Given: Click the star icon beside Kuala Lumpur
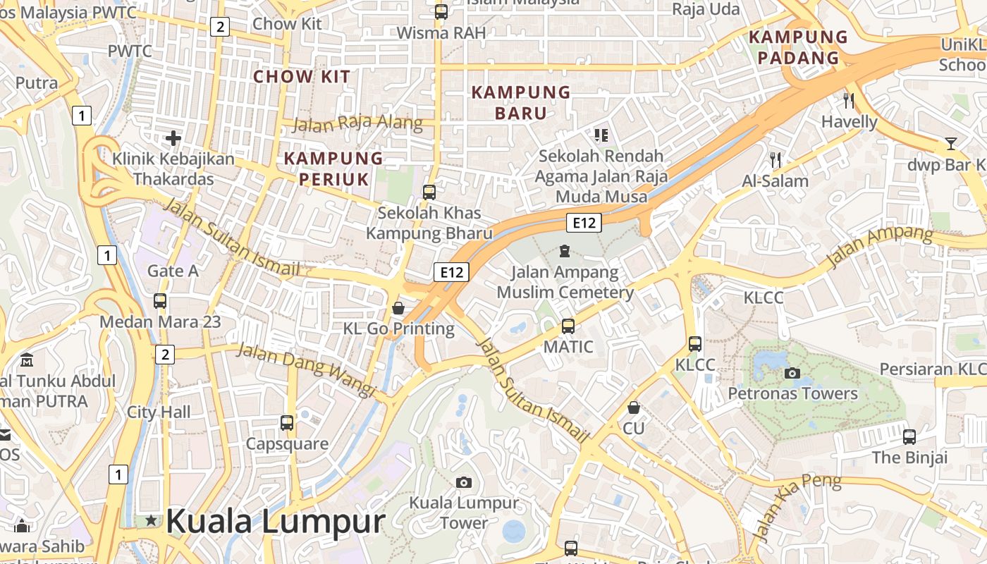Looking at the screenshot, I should coord(151,521).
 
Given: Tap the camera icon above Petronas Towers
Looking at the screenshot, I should coord(792,373).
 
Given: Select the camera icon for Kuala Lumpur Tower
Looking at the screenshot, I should coord(463,482).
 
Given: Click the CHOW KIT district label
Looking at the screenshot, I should coord(302,77).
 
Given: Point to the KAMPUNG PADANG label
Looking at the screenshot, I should coord(798,47).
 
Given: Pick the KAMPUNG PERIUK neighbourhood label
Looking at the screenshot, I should coord(333,168).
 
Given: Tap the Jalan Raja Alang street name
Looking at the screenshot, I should coord(357,125).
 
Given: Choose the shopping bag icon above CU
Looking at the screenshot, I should coord(634,407).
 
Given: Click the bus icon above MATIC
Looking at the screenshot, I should coord(568,326).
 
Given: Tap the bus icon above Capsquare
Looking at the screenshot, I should coord(287,423).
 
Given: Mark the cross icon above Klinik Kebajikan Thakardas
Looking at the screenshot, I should coord(173,138).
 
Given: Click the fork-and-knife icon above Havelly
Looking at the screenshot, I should coord(849,101).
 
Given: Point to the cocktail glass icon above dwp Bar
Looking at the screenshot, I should coord(951,144).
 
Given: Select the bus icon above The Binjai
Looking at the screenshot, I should coord(909,436).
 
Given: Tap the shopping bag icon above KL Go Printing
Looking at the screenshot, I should coord(398,308).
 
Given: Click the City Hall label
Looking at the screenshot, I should coord(159,412).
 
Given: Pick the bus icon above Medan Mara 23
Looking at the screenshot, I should coord(160,301).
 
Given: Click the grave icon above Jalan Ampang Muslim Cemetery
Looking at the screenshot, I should coord(565,251).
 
